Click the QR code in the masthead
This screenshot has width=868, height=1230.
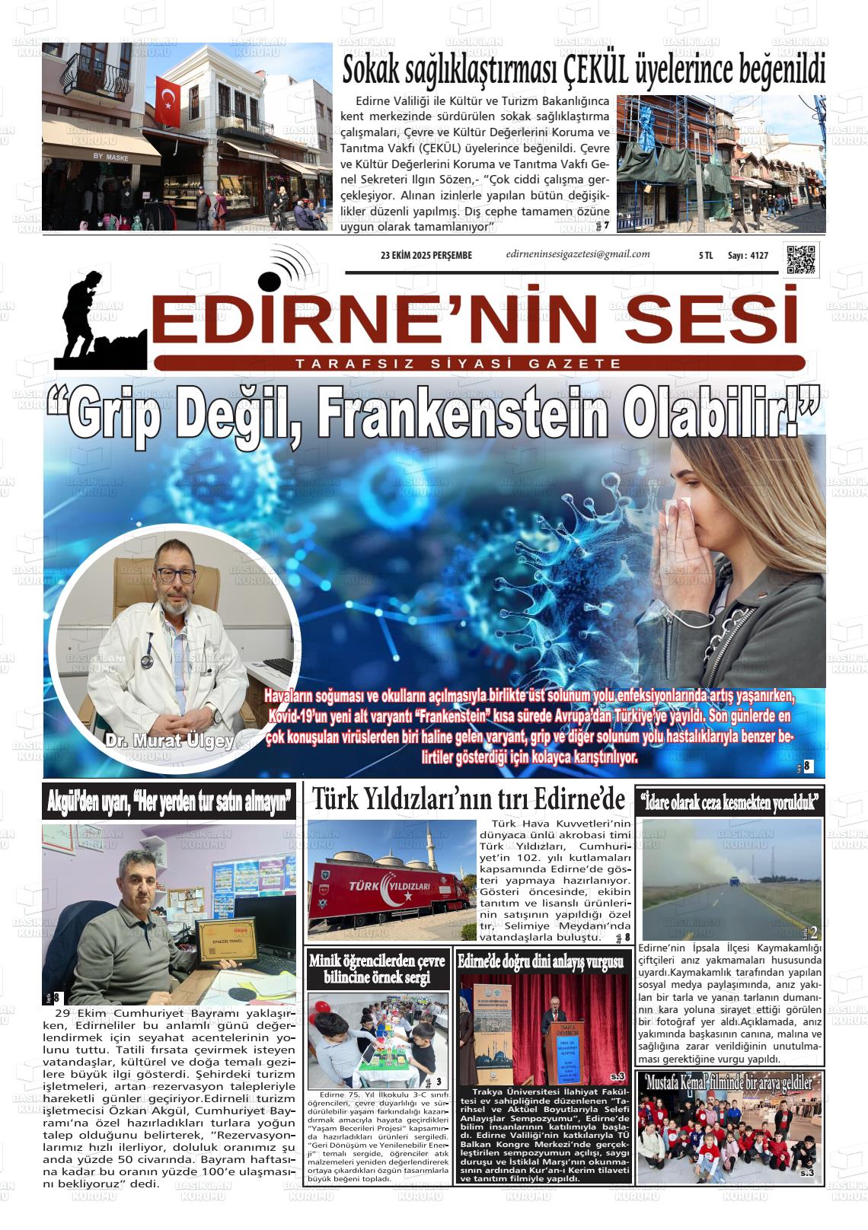point(801,260)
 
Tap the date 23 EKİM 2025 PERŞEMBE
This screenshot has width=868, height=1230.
point(426,256)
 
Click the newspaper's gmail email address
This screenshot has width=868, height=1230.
point(577,255)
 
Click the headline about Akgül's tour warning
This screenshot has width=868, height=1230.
point(170,802)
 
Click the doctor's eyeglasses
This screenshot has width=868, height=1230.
point(174,575)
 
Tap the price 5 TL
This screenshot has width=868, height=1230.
point(705,257)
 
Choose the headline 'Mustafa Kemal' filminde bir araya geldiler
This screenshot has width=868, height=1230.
point(729,1082)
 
